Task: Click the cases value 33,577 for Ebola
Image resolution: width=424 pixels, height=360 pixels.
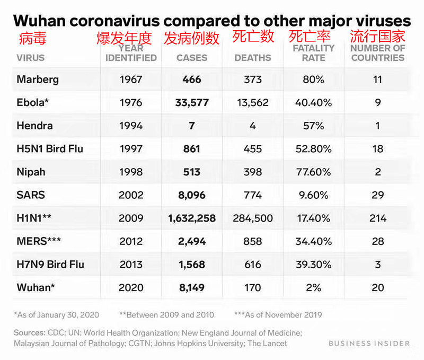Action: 192,103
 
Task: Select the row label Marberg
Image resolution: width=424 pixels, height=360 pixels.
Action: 38,80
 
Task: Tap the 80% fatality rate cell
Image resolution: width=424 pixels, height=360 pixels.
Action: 313,80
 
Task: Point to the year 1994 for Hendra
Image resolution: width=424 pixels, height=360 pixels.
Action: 131,126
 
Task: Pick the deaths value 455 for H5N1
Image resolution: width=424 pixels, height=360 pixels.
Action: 253,149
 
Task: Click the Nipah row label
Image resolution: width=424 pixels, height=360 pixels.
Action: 31,172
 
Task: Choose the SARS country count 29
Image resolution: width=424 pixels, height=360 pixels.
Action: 378,195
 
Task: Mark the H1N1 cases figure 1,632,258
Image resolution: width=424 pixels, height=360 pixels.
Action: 192,218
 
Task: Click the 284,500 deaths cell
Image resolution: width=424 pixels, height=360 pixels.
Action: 253,218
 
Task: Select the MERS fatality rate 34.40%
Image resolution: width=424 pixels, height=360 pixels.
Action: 313,241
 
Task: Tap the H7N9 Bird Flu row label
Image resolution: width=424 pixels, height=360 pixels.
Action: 50,264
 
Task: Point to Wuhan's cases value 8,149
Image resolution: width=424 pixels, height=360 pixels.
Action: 192,287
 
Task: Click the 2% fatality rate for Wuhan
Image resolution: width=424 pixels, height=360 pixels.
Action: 313,287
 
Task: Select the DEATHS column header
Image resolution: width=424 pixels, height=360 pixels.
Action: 253,58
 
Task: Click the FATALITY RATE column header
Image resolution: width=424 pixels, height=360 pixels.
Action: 313,53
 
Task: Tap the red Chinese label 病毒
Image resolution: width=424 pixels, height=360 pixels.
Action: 33,38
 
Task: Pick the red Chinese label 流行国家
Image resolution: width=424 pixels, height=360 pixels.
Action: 378,36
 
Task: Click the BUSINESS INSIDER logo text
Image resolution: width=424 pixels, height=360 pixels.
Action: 369,344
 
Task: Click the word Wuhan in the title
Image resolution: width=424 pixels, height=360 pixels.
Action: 39,21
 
